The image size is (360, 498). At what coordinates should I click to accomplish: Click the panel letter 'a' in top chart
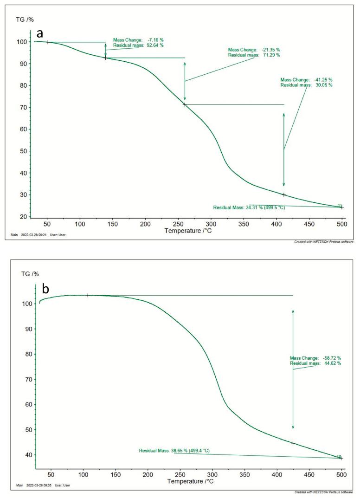(x=41, y=33)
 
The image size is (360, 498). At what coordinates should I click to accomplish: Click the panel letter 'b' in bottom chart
(x=45, y=289)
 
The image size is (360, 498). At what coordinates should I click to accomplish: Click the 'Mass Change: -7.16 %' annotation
(x=138, y=40)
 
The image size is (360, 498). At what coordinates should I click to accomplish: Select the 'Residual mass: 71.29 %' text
(x=254, y=55)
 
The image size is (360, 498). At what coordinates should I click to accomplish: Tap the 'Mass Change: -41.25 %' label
(x=306, y=80)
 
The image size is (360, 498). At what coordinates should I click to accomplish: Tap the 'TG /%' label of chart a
(x=25, y=19)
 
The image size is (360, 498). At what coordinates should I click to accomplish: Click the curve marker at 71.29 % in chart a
(x=185, y=104)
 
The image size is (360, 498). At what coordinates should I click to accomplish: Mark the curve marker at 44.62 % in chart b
(x=293, y=443)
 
